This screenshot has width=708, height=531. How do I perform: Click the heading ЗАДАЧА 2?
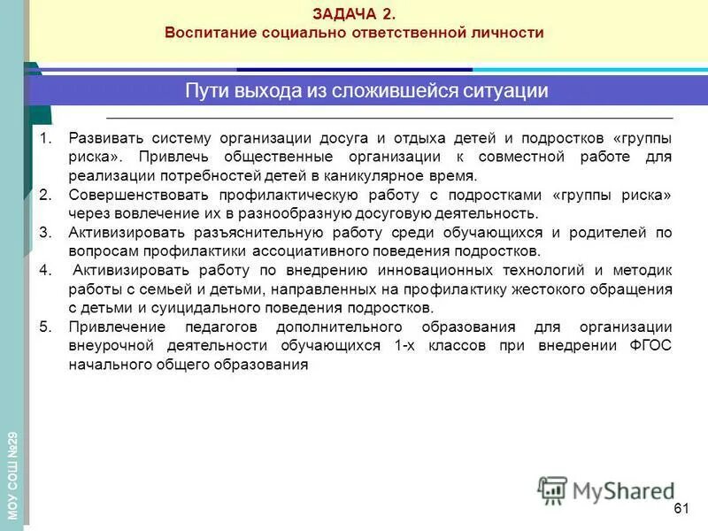click(x=354, y=13)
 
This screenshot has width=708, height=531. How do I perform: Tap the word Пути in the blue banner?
click(x=204, y=91)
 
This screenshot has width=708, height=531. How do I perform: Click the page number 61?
click(x=681, y=508)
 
